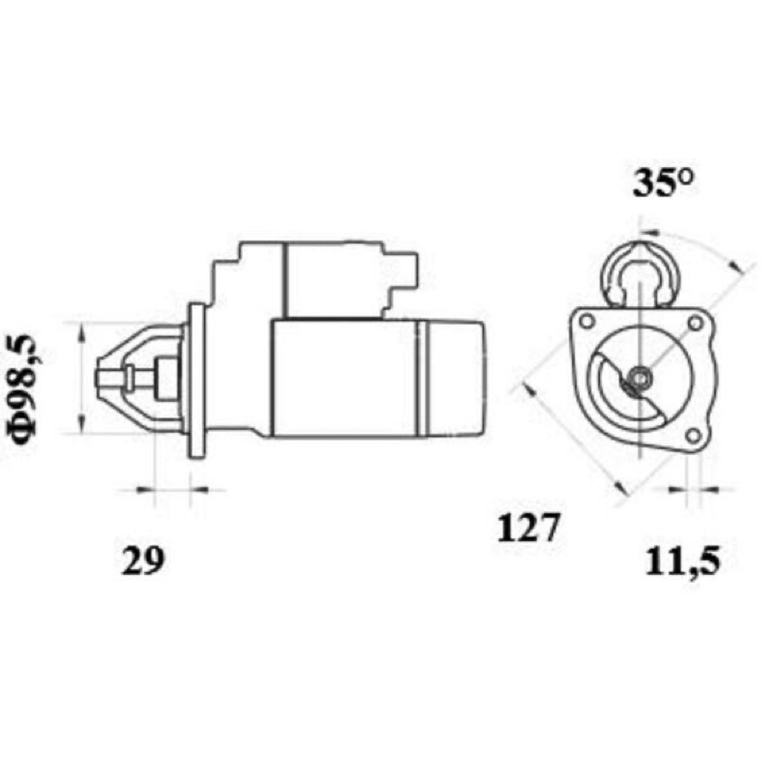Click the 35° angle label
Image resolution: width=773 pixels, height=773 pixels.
[663, 183]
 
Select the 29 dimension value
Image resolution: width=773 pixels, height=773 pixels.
[142, 561]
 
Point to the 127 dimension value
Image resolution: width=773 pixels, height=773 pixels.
[529, 527]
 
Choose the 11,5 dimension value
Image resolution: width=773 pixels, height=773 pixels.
[683, 562]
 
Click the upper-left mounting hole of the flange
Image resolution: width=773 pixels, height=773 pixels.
[587, 322]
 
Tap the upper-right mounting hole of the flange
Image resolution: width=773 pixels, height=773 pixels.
[695, 324]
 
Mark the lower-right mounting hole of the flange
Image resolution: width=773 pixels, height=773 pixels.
[693, 436]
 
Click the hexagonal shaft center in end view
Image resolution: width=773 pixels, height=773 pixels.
[640, 379]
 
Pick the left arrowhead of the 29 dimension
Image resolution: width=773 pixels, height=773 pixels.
[144, 490]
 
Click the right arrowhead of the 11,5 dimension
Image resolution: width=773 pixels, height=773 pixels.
[710, 490]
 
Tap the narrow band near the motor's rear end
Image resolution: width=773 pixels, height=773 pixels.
[422, 379]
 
